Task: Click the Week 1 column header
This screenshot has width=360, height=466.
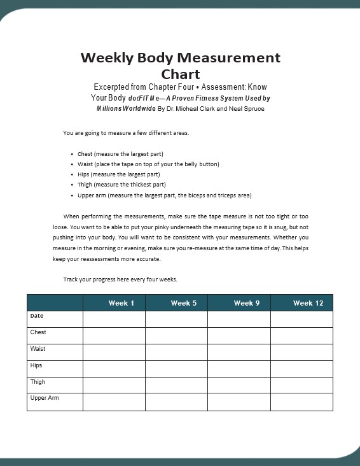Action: pos(121,303)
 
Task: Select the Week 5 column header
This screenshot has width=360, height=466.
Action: pos(183,303)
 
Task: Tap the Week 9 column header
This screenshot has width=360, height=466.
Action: pos(246,303)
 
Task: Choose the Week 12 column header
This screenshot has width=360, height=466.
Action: pos(308,303)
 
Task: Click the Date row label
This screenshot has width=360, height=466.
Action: pos(37,315)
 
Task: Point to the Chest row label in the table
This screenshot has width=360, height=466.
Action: pos(38,332)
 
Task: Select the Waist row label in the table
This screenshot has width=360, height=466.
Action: pos(38,349)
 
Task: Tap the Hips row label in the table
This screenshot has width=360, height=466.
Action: pos(36,365)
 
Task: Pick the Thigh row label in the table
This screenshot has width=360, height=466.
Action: pos(38,382)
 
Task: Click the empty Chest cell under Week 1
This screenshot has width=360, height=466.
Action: pos(114,335)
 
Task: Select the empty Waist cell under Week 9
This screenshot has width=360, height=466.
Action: pos(239,352)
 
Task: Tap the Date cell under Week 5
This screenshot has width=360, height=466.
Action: pos(177,319)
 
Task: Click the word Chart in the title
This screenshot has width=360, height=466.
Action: pos(181,74)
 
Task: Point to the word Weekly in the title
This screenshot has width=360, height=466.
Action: pos(106,57)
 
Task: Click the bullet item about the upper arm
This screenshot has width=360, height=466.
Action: pos(169,195)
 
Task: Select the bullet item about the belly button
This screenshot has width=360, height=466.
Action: pos(148,164)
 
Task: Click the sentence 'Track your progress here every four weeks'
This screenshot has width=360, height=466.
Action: pos(120,279)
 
